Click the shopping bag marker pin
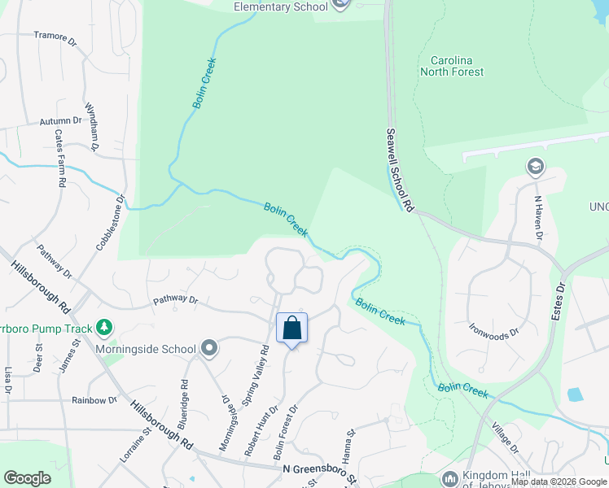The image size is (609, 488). pyautogui.click(x=291, y=329)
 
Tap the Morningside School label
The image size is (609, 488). pyautogui.click(x=144, y=350)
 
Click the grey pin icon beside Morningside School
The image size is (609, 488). pyautogui.click(x=209, y=349)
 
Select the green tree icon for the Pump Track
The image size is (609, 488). pyautogui.click(x=103, y=327)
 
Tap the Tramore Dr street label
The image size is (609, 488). pyautogui.click(x=55, y=36)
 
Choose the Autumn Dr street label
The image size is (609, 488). pyautogui.click(x=61, y=121)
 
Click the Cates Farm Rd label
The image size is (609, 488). pyautogui.click(x=59, y=159)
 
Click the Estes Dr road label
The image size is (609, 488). pyautogui.click(x=559, y=300)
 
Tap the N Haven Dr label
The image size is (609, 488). pyautogui.click(x=538, y=218)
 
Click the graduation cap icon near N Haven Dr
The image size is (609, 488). pyautogui.click(x=535, y=168)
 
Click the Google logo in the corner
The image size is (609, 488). pyautogui.click(x=27, y=478)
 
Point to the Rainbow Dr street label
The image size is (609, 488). pyautogui.click(x=94, y=400)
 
